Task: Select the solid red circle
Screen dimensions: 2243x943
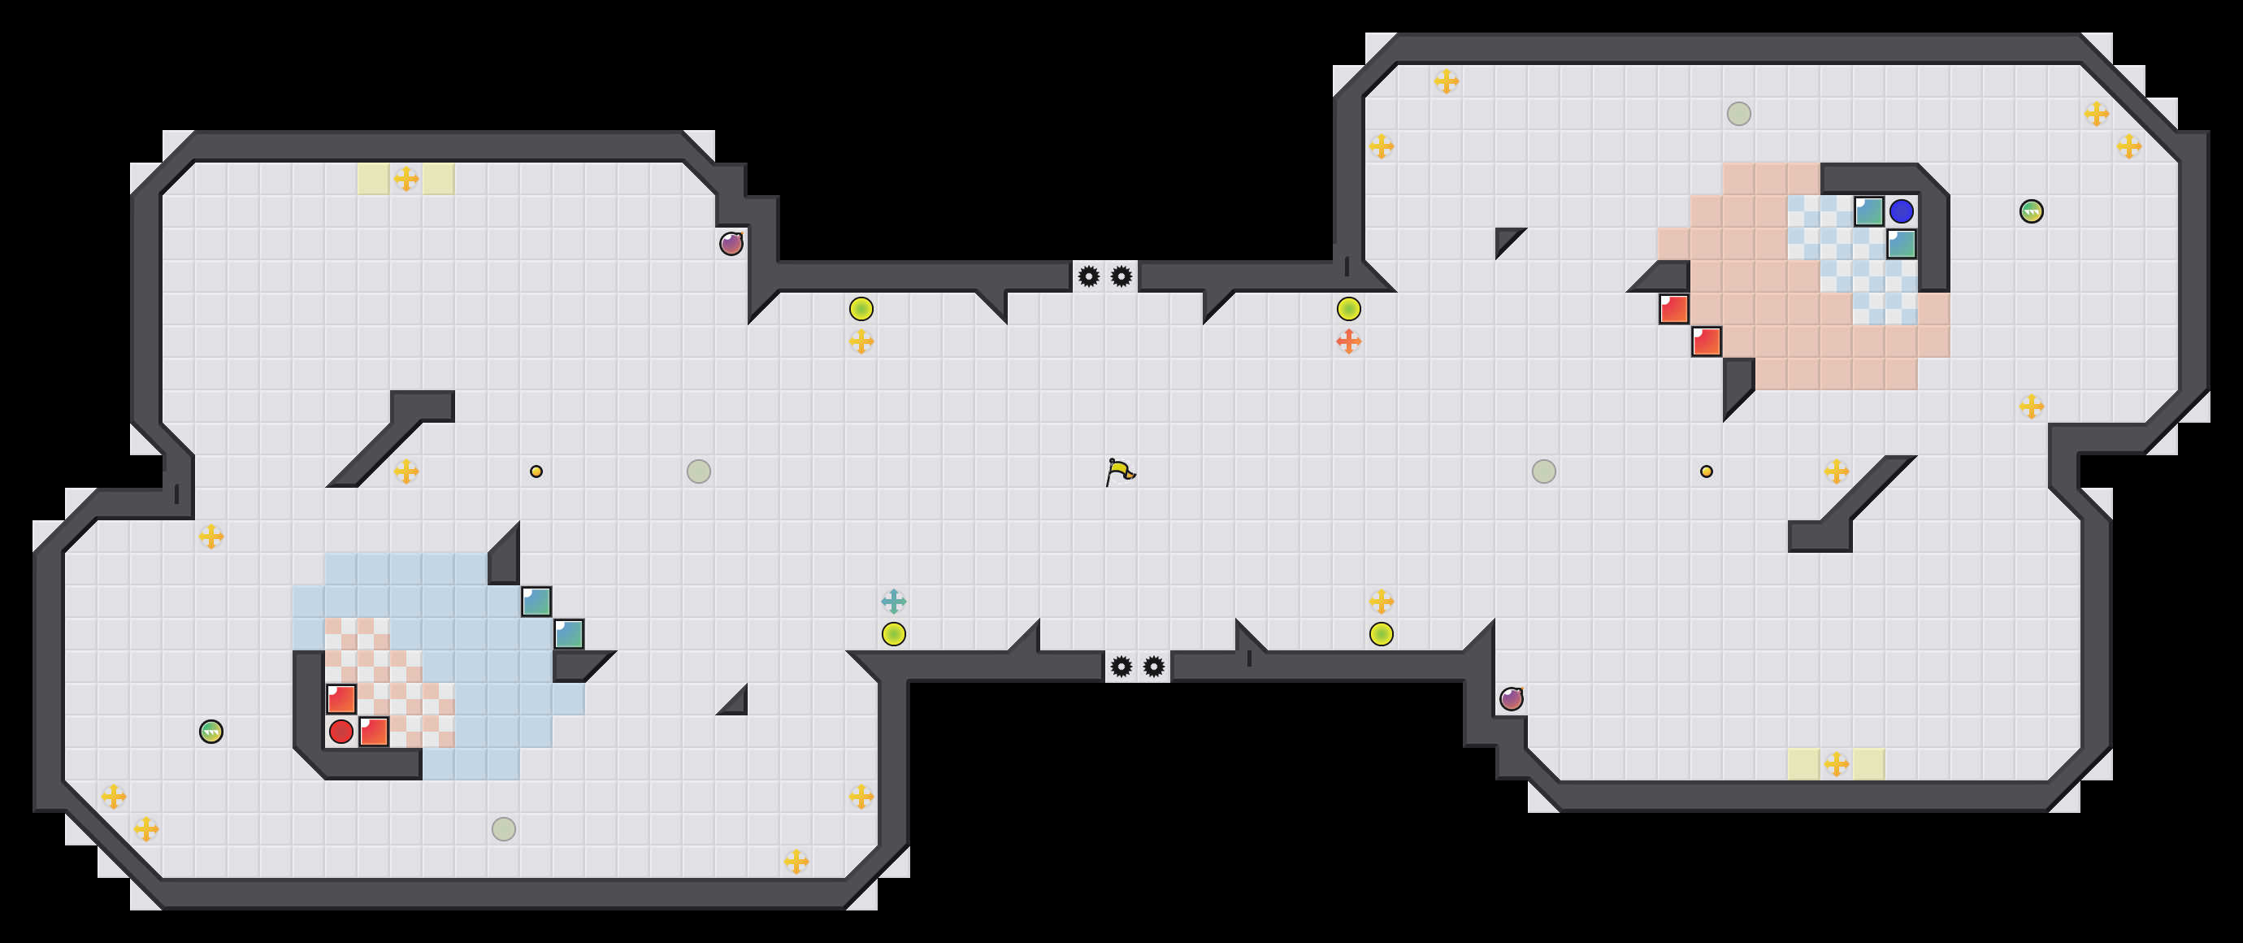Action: [x=341, y=732]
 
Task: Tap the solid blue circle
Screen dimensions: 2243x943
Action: [x=1902, y=211]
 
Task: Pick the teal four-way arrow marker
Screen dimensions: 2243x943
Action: [x=893, y=601]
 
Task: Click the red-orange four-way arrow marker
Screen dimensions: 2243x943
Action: [x=1349, y=341]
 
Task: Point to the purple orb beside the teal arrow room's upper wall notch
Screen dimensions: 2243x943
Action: [x=731, y=244]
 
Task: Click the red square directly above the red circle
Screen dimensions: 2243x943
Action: [x=341, y=698]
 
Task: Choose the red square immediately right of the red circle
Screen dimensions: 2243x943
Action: [x=375, y=732]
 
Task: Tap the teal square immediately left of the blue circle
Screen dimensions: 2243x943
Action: [x=1868, y=211]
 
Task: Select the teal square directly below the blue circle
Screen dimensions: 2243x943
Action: [x=1902, y=244]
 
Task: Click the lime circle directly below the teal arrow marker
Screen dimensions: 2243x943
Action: [x=893, y=634]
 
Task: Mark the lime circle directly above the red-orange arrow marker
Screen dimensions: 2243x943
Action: [x=1349, y=309]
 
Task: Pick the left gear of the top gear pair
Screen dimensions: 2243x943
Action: [x=1088, y=277]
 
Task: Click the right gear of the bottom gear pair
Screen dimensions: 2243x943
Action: [x=1154, y=667]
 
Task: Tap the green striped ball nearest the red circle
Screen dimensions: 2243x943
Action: [x=211, y=732]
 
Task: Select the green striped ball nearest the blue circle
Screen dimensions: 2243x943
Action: [x=2032, y=211]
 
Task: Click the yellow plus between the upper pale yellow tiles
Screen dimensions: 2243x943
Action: [x=406, y=180]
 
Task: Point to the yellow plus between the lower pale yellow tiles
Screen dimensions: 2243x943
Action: [x=1837, y=764]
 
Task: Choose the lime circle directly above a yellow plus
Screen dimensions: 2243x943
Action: [x=861, y=309]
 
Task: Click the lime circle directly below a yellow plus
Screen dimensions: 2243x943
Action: [x=1381, y=634]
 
